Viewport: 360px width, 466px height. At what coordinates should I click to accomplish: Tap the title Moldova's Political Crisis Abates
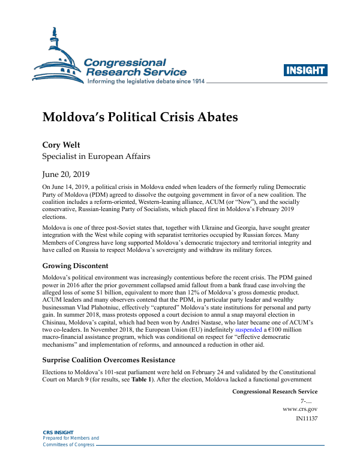[140, 116]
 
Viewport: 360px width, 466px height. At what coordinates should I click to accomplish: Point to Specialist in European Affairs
[95, 157]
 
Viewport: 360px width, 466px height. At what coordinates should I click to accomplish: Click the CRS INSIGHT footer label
[58, 432]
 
